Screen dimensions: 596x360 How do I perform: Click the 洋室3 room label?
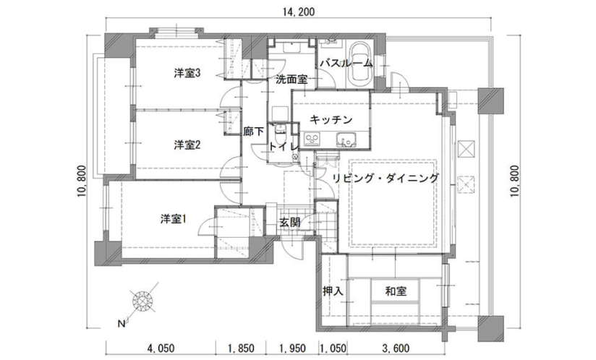187,73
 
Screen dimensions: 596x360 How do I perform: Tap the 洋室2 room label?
187,145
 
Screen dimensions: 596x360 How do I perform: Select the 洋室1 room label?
174,219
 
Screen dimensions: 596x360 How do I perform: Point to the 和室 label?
396,291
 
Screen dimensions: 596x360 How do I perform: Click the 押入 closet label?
333,291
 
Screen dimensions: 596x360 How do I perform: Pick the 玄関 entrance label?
290,222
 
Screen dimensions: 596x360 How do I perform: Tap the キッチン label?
331,120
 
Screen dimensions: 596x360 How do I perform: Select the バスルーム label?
346,63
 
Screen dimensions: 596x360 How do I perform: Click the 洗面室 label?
291,80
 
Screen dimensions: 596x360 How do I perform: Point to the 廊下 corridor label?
254,132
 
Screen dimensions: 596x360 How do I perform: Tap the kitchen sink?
346,140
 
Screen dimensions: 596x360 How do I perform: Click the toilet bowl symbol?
280,129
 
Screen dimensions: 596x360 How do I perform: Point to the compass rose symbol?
142,301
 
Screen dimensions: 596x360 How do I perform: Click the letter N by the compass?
122,324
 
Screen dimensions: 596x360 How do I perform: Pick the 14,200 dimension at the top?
299,12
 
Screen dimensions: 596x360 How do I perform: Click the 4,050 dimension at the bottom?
161,348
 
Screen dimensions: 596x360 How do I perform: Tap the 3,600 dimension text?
396,348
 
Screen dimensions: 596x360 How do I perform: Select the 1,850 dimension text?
241,348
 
